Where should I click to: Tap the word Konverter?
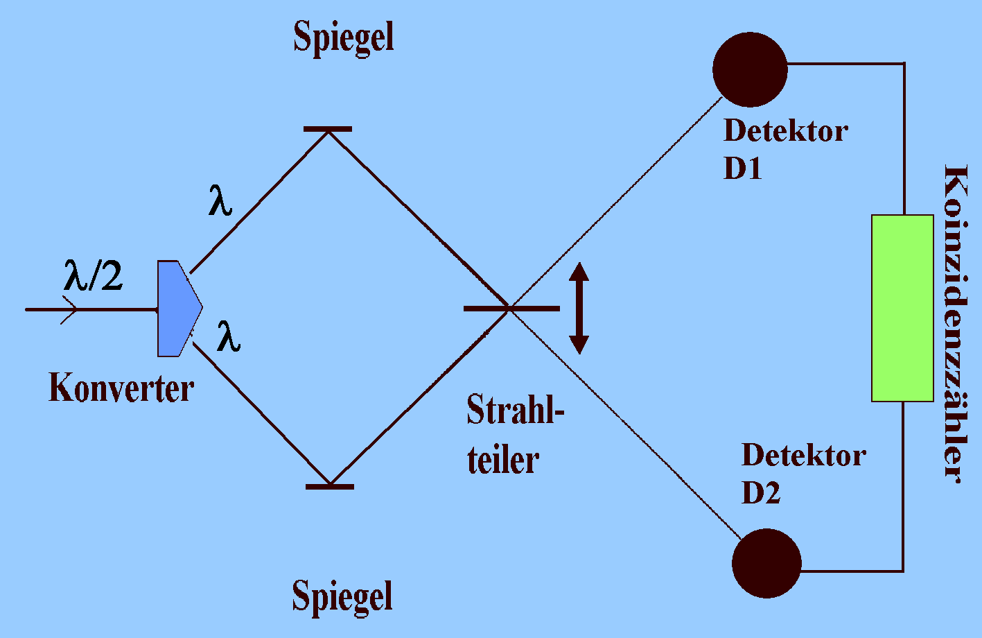pos(121,388)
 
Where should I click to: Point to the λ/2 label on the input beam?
pos(94,277)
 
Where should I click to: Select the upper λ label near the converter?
pos(220,202)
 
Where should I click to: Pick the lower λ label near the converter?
pos(229,338)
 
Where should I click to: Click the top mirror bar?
pos(328,129)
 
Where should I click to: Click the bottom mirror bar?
pos(330,486)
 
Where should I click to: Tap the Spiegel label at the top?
pos(344,37)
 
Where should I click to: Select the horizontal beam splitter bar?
pos(511,308)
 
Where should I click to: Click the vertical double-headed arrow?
pos(579,309)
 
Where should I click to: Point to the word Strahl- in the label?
pos(516,411)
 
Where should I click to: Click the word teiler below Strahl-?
pos(503,460)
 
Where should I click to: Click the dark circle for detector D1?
pos(750,69)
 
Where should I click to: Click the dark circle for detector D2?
pos(766,563)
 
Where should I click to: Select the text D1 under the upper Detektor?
pos(743,169)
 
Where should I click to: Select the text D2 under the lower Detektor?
pos(761,492)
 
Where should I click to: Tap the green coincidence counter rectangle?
pos(902,309)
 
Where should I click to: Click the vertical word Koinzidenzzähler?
pos(955,322)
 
